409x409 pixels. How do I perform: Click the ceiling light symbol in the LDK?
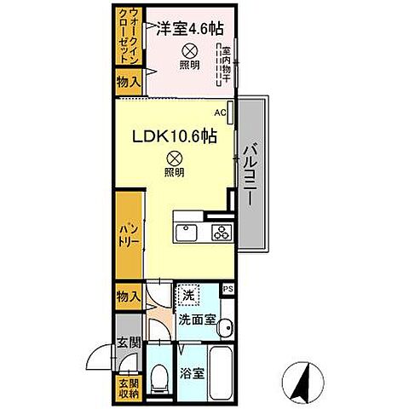pyautogui.click(x=173, y=157)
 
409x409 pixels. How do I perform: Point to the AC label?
pyautogui.click(x=219, y=112)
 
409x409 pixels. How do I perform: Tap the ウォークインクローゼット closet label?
pyautogui.click(x=129, y=38)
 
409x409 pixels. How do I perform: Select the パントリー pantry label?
pyautogui.click(x=128, y=234)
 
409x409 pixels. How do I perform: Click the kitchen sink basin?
pyautogui.click(x=186, y=232)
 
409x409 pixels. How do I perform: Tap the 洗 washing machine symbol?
pyautogui.click(x=187, y=295)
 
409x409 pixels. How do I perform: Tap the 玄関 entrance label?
pyautogui.click(x=125, y=343)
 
